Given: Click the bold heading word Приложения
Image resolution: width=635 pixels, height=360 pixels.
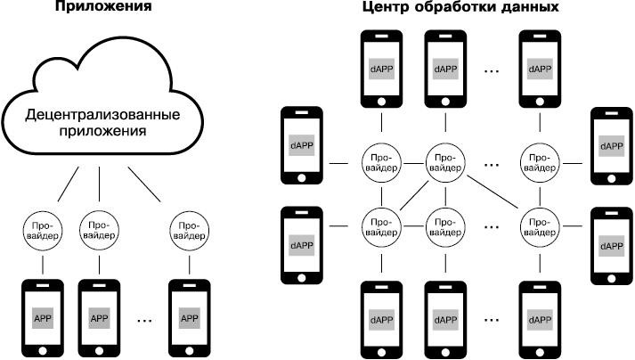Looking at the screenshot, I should click(100, 7).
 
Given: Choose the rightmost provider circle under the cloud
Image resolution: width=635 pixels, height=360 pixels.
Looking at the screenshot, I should click(189, 230).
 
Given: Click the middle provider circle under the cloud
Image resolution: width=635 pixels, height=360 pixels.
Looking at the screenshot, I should click(100, 230).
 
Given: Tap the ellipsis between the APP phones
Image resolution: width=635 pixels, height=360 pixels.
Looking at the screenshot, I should click(144, 317).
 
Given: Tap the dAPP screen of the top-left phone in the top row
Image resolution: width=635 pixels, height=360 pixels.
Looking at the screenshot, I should click(379, 68).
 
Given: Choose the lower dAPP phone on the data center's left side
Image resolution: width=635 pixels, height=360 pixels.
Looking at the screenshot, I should click(303, 245).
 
